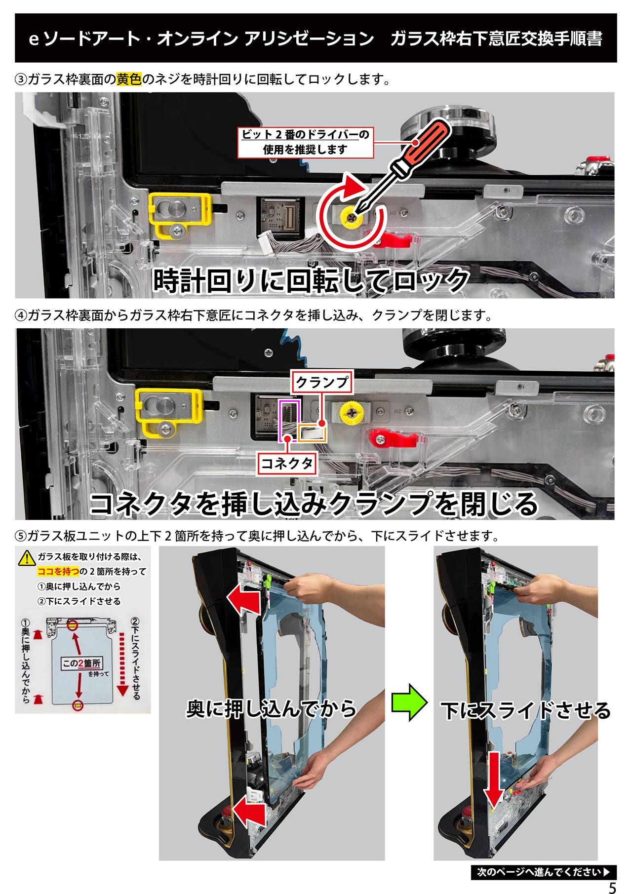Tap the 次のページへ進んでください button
tap(544, 871)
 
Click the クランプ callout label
tap(322, 382)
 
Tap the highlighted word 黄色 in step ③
tap(129, 79)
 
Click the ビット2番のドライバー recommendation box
tap(305, 142)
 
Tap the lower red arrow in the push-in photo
tap(250, 811)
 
